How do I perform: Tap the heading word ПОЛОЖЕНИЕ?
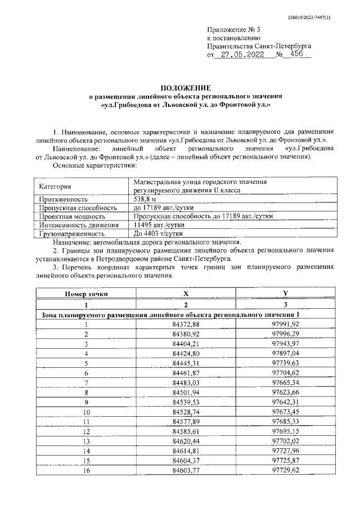click(x=185, y=88)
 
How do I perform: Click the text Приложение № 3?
click(x=234, y=28)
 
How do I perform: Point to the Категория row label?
click(x=55, y=187)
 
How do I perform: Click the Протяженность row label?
click(x=63, y=199)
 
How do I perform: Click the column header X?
click(x=186, y=294)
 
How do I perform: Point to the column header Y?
click(x=285, y=294)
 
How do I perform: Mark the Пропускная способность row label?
click(x=75, y=208)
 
